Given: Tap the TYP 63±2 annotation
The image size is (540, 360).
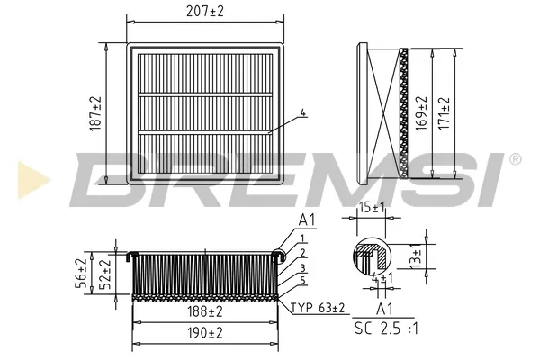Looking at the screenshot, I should [x=318, y=309].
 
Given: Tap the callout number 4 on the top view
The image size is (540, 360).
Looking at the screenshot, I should [x=303, y=114].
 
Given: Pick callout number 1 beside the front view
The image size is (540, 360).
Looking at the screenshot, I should [x=303, y=238].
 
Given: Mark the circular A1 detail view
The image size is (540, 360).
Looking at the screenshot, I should [x=371, y=257].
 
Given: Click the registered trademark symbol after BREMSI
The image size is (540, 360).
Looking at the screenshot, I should [x=515, y=158].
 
